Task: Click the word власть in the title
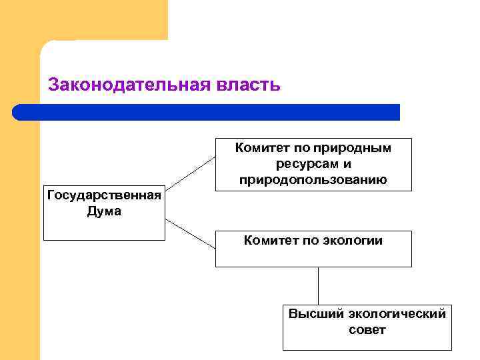tap(248, 85)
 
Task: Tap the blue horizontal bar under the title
tap(207, 112)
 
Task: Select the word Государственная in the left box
tap(104, 195)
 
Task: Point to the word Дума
tap(104, 211)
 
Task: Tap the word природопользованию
tap(313, 180)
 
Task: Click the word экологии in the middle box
tap(356, 240)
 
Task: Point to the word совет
tap(367, 330)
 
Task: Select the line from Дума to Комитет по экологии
tap(190, 233)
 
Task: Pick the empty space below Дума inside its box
tap(104, 228)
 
